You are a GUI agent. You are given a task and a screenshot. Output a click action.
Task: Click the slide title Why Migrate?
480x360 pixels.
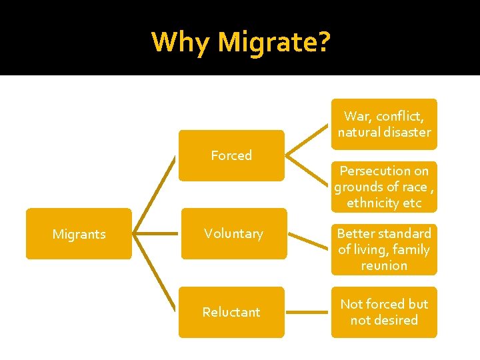pyautogui.click(x=240, y=41)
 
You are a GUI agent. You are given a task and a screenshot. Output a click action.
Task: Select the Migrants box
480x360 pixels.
pyautogui.click(x=79, y=234)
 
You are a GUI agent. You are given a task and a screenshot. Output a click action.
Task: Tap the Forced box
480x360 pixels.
pyautogui.click(x=231, y=155)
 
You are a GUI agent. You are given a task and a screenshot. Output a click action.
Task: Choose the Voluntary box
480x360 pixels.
pyautogui.click(x=233, y=234)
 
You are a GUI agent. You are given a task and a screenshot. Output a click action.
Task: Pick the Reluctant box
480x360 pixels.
pyautogui.click(x=231, y=312)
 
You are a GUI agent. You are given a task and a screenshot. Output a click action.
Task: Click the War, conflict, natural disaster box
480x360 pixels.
pyautogui.click(x=384, y=124)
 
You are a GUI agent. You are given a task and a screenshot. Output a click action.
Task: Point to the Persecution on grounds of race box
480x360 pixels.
pyautogui.click(x=384, y=187)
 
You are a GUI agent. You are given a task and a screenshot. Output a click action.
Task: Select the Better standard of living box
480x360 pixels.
pyautogui.click(x=384, y=249)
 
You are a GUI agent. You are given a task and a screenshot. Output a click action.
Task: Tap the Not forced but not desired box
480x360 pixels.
pyautogui.click(x=384, y=312)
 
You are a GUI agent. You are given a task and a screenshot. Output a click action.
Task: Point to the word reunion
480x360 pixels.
pyautogui.click(x=384, y=265)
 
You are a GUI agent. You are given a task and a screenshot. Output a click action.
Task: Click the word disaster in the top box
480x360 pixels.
pyautogui.click(x=403, y=132)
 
